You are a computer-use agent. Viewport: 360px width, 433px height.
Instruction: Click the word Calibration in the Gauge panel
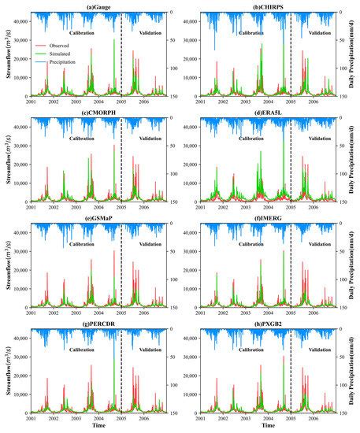pos(83,34)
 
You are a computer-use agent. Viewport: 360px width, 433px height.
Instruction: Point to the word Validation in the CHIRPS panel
pos(319,34)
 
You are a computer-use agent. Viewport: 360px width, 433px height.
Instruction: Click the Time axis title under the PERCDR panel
pos(98,426)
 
